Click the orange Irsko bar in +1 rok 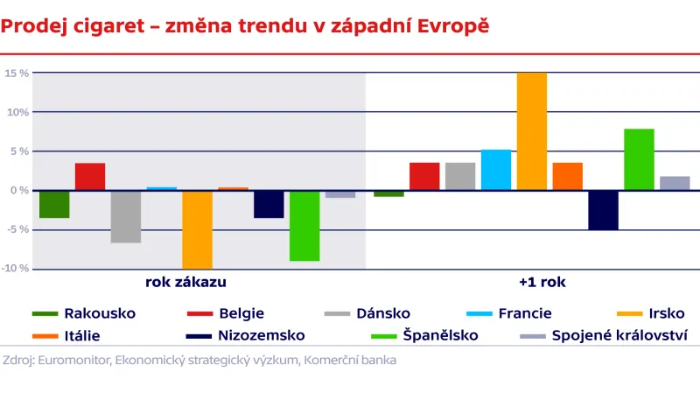coord(531,131)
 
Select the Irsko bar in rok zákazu coord(197,229)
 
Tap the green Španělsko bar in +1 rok coord(639,159)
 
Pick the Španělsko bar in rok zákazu coord(304,225)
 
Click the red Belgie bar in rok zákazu coord(90,177)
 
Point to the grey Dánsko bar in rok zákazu coord(126,216)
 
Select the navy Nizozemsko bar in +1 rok coord(603,210)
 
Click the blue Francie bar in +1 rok coord(496,170)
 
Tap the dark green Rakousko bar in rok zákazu coord(54,204)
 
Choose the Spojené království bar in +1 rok coord(675,183)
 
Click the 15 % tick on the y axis coord(17,73)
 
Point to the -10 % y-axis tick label coord(15,269)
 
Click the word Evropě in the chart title coord(446,25)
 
